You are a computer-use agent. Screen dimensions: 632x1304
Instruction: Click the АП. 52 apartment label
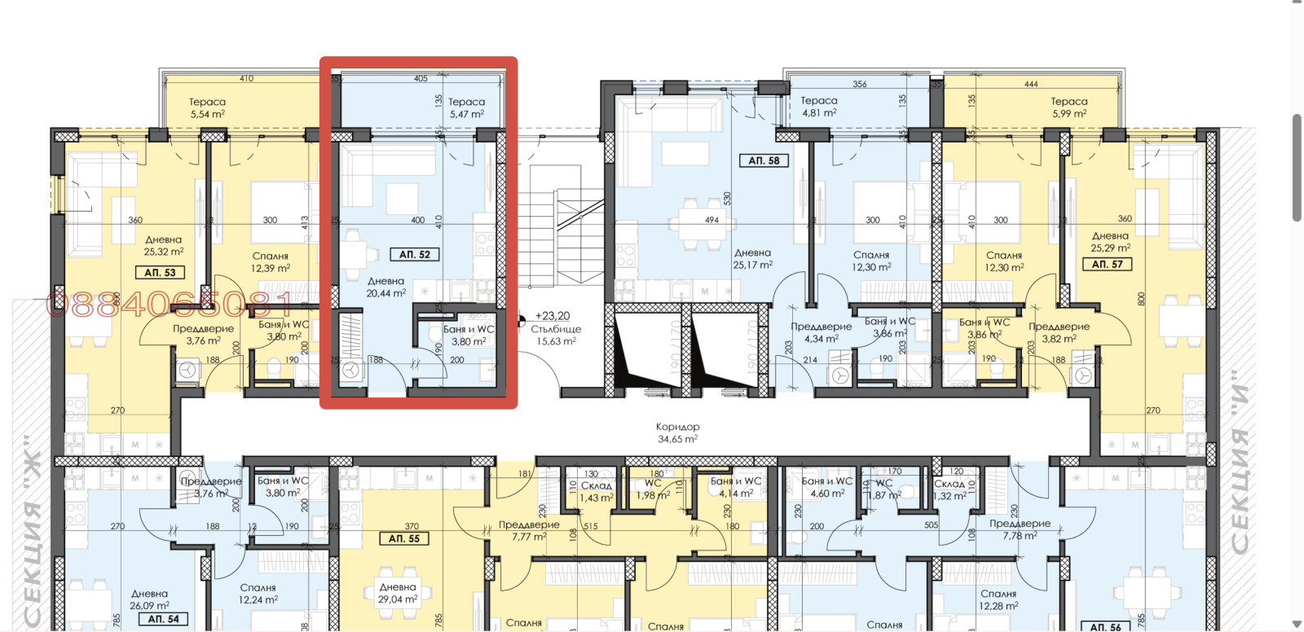pos(415,255)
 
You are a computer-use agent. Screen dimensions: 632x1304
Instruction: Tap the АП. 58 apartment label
pos(764,160)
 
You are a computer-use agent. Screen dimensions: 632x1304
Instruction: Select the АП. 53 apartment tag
pos(160,273)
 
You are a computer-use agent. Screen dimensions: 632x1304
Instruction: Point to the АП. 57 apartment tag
pos(1107,264)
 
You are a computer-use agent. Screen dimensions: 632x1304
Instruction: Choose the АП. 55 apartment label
pos(403,538)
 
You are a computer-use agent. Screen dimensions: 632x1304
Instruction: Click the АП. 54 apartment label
pos(163,619)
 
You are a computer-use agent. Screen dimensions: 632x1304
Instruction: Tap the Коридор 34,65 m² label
pos(677,432)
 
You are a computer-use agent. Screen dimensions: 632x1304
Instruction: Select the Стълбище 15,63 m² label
pos(556,336)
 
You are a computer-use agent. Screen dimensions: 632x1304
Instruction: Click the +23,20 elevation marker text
pos(553,316)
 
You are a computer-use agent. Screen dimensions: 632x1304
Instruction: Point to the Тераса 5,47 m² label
pos(466,108)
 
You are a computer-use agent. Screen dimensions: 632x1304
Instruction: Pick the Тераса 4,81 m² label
pos(818,107)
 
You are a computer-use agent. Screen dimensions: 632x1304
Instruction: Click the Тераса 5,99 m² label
pos(1068,108)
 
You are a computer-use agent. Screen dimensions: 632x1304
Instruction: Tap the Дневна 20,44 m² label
pos(385,287)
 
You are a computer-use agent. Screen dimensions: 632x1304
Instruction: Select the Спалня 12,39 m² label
pos(271,262)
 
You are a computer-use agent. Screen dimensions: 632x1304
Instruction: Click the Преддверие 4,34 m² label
pos(821,332)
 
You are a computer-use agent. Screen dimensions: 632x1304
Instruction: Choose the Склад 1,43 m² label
pos(597,491)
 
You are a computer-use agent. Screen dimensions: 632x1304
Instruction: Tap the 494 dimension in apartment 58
pos(711,220)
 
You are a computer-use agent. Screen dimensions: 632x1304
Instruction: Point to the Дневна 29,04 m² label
pos(398,593)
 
